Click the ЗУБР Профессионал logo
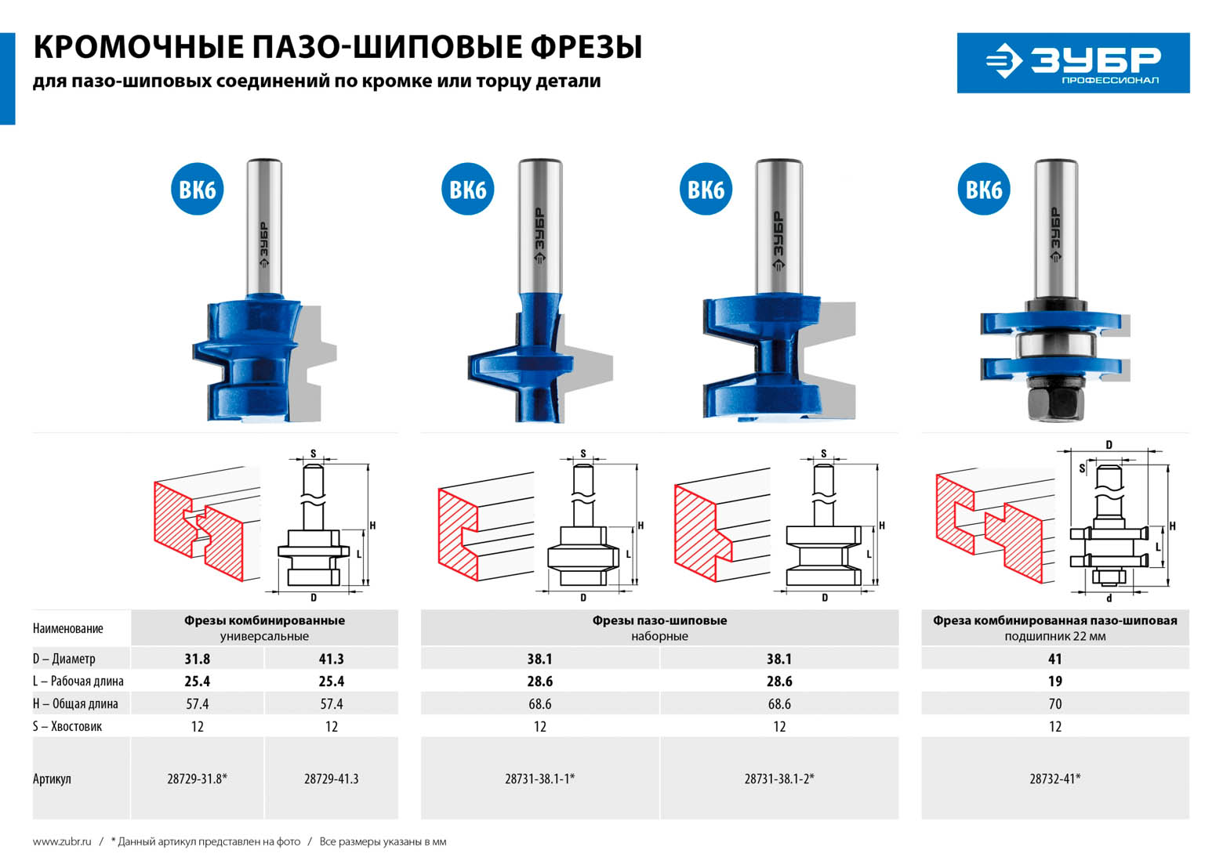point(1073,63)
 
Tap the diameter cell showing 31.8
point(197,659)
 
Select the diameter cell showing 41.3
point(332,659)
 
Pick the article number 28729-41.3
point(332,779)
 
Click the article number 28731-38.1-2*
point(779,779)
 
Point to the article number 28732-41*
point(1055,779)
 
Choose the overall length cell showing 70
point(1055,704)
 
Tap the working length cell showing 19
point(1055,681)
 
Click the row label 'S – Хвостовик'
point(67,727)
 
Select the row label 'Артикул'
point(52,779)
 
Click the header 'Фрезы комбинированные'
point(264,620)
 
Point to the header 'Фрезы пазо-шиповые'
point(659,620)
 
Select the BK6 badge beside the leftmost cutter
point(197,190)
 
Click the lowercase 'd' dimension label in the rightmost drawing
point(1109,598)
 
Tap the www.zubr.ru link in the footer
point(62,841)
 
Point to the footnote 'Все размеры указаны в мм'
point(383,841)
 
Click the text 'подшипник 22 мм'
point(1055,637)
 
